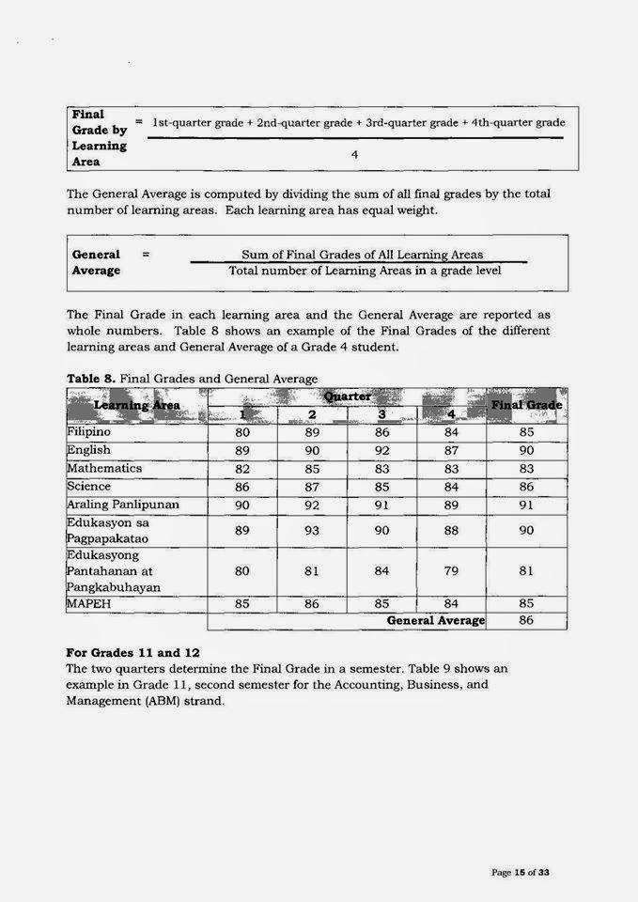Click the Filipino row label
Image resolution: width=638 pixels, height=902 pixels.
pos(88,432)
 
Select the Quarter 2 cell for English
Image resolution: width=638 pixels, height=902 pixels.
pos(312,451)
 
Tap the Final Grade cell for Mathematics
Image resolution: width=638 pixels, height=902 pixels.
pos(526,469)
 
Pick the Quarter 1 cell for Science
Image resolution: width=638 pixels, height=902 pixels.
pos(241,487)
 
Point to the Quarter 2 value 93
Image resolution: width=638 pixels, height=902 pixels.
pos(312,531)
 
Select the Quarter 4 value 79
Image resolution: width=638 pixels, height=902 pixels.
pos(451,571)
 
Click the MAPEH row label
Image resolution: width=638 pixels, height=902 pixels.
pos(89,603)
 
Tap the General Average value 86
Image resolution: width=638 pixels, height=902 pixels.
pos(526,621)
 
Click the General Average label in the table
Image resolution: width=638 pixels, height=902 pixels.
pos(435,621)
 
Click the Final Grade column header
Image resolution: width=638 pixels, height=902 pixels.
pos(526,405)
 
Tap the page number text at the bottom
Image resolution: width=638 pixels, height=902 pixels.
pos(520,873)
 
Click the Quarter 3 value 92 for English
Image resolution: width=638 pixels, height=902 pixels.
pos(381,451)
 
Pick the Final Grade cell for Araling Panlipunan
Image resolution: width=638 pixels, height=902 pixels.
pos(526,505)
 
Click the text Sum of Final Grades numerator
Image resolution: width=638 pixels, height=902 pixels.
pos(362,255)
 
